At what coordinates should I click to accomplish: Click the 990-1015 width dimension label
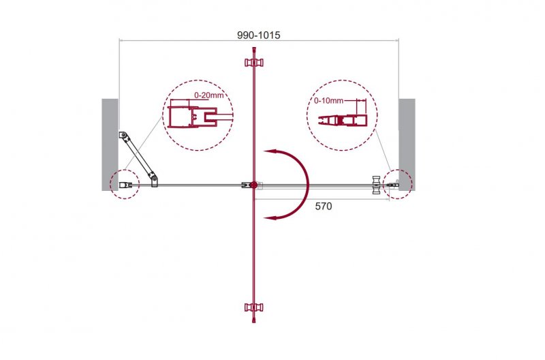[x=259, y=35]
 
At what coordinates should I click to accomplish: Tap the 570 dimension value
[x=323, y=207]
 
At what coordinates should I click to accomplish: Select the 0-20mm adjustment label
[x=208, y=95]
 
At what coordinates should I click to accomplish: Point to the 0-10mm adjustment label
[x=328, y=100]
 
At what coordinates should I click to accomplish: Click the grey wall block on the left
[x=110, y=145]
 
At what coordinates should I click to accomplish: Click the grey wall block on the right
[x=407, y=145]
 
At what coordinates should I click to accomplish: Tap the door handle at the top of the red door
[x=254, y=63]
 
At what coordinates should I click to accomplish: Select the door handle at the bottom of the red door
[x=254, y=307]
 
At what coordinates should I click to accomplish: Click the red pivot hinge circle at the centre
[x=253, y=185]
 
